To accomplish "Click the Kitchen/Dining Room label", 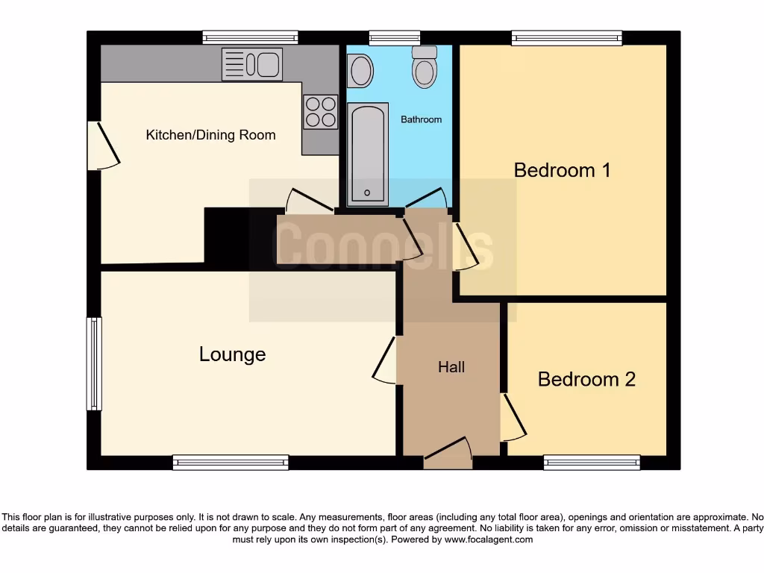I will (x=210, y=135).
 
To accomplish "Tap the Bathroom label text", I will (x=421, y=119).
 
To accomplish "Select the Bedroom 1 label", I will (x=562, y=170).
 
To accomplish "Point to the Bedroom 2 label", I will (x=586, y=379).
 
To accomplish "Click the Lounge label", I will (x=232, y=354).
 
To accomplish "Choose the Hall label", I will (x=451, y=367).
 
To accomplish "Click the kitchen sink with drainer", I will (x=251, y=64).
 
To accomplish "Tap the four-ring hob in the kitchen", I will (x=320, y=112).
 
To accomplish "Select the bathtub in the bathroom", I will (x=367, y=153).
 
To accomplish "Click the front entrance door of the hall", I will (x=448, y=454).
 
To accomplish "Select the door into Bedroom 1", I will (x=465, y=246).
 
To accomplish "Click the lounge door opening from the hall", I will (x=386, y=360).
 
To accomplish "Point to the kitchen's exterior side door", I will (x=103, y=145).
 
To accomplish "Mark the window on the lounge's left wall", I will (x=94, y=363).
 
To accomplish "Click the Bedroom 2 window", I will (x=592, y=463).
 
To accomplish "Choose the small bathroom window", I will (x=394, y=37).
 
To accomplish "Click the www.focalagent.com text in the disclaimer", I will (x=489, y=539).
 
